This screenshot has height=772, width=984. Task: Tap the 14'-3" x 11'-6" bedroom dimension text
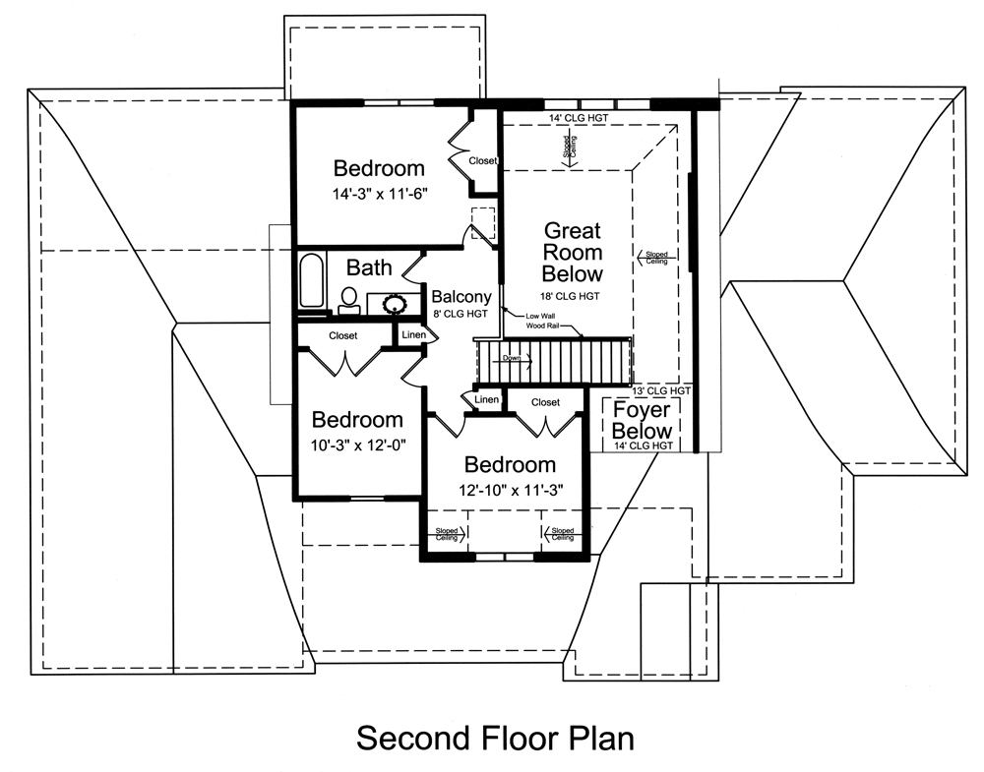379,196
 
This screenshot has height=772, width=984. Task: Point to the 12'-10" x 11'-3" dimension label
511,489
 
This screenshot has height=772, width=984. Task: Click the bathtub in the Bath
311,282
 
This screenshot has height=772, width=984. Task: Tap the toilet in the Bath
348,300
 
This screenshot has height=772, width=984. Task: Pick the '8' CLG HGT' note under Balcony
461,315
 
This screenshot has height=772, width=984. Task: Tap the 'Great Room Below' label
573,252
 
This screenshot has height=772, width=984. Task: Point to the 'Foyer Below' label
643,420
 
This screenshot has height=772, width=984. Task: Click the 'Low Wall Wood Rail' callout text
529,320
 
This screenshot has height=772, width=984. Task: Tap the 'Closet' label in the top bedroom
482,160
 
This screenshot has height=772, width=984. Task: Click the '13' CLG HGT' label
664,390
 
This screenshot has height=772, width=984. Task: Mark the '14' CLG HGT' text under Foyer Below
643,445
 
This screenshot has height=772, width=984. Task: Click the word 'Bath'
369,267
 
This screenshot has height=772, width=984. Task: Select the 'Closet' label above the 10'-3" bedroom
343,335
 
